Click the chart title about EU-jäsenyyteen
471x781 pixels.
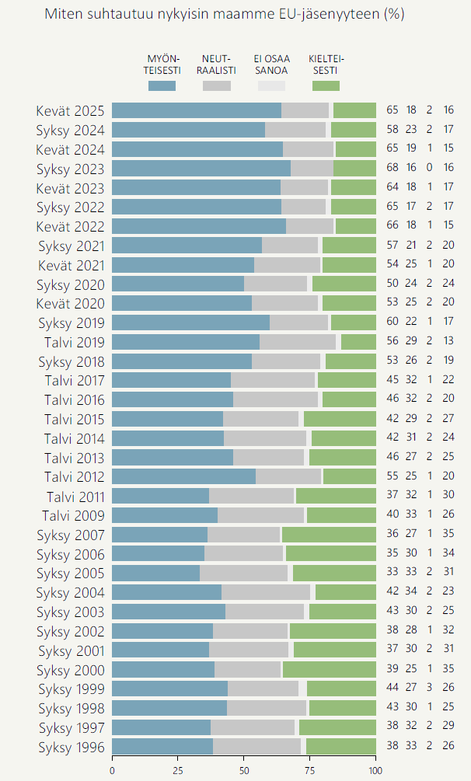click(225, 15)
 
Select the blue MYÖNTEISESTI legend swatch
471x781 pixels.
click(162, 86)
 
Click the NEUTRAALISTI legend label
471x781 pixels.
click(218, 65)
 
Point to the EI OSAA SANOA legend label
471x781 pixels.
click(272, 65)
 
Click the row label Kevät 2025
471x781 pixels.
click(71, 110)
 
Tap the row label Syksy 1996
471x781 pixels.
click(71, 747)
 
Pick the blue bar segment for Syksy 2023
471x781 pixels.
click(201, 168)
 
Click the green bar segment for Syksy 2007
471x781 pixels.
click(329, 535)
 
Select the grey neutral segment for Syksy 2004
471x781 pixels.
click(266, 592)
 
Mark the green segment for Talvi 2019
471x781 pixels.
click(358, 342)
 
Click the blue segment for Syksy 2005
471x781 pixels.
click(155, 573)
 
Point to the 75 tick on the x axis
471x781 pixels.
click(310, 770)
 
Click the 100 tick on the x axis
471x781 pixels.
click(376, 770)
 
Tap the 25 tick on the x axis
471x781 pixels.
click(178, 770)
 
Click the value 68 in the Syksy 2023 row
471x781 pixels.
click(392, 168)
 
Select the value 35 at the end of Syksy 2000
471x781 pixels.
click(448, 669)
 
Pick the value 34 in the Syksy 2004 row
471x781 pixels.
click(411, 592)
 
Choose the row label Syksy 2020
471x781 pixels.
click(71, 284)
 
